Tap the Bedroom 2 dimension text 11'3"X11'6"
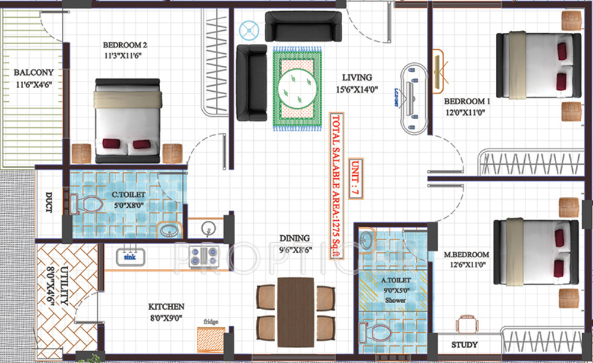click(125, 56)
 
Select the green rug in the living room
click(296, 89)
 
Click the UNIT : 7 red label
click(355, 179)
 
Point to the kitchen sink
click(129, 256)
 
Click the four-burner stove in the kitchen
click(203, 255)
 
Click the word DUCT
click(49, 200)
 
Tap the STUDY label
click(465, 345)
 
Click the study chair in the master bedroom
click(467, 324)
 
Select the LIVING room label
click(356, 77)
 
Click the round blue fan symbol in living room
click(248, 30)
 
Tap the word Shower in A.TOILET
click(393, 300)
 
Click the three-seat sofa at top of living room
click(303, 26)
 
